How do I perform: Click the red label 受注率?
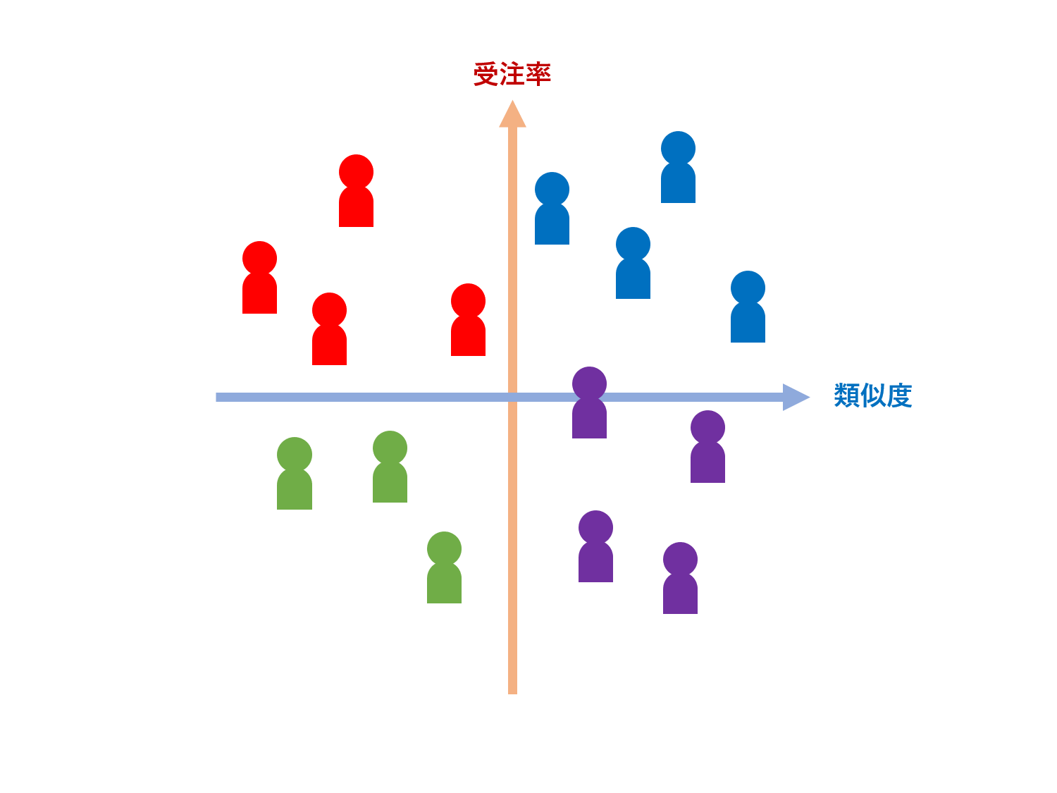pyautogui.click(x=512, y=74)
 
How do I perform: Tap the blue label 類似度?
pyautogui.click(x=872, y=395)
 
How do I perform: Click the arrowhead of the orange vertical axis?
pyautogui.click(x=512, y=114)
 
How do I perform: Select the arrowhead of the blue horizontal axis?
pyautogui.click(x=796, y=397)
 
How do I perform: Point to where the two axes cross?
pyautogui.click(x=512, y=397)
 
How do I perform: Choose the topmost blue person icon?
pyautogui.click(x=678, y=167)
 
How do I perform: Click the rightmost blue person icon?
pyautogui.click(x=748, y=307)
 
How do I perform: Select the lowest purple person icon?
pyautogui.click(x=680, y=578)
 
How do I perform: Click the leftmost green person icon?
pyautogui.click(x=294, y=473)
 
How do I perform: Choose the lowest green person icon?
pyautogui.click(x=444, y=567)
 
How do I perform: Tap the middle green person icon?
pyautogui.click(x=390, y=467)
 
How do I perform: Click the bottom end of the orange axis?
pyautogui.click(x=512, y=691)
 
